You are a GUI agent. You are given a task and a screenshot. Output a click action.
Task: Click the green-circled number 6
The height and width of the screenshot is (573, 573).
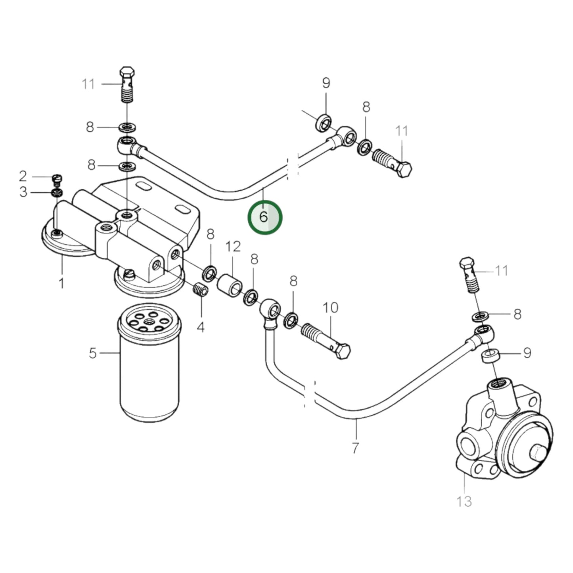(264, 217)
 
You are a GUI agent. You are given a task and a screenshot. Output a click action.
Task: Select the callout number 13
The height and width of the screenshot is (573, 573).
(464, 501)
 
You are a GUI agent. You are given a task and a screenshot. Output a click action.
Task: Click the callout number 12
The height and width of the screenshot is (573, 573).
(233, 247)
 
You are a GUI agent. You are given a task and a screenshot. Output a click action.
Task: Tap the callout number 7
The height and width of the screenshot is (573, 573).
(355, 448)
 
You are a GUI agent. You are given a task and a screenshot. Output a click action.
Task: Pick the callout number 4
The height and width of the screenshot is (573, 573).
(201, 327)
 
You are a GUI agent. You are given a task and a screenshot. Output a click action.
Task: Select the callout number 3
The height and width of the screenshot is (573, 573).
(23, 192)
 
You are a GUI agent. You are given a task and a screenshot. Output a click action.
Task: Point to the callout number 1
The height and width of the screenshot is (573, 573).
(61, 283)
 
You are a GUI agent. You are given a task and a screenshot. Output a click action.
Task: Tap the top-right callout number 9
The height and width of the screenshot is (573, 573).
(326, 83)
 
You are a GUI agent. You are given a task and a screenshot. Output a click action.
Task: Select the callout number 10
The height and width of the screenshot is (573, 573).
(330, 308)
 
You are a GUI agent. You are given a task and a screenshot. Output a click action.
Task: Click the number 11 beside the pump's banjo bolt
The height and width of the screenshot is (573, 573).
(502, 271)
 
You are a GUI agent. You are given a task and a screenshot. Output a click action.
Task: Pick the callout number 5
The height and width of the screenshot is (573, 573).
(92, 353)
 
